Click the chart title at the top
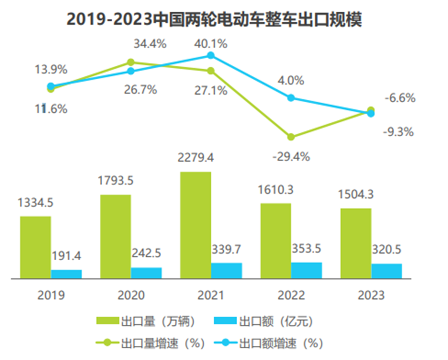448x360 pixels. (x=214, y=19)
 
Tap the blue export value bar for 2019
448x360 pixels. (x=66, y=273)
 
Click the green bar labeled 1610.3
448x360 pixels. (x=275, y=240)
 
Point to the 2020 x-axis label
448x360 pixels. (x=130, y=295)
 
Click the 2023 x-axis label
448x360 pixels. (x=371, y=295)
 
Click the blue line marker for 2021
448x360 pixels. (x=211, y=56)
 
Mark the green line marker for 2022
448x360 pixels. (x=291, y=137)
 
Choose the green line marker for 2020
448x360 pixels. (x=131, y=62)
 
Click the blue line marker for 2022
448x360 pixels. (x=291, y=98)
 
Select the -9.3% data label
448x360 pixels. (x=399, y=132)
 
